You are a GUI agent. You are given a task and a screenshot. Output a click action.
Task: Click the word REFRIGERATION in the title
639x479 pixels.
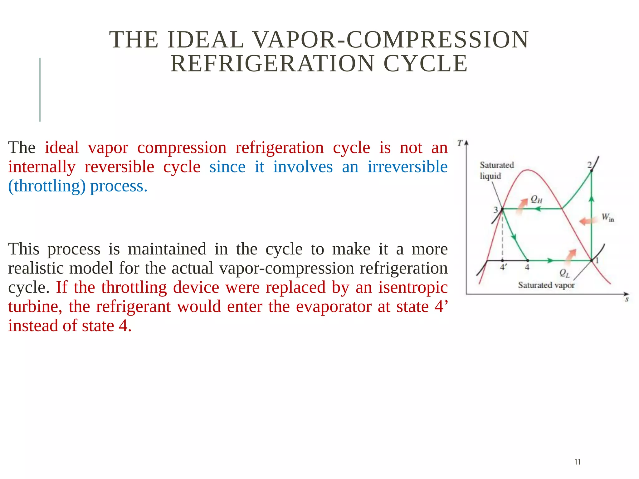point(272,64)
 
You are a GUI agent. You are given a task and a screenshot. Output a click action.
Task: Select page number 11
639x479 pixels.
point(577,462)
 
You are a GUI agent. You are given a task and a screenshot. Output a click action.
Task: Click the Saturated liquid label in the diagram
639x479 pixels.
point(496,170)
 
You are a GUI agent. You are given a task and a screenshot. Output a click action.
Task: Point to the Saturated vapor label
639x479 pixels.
point(546,285)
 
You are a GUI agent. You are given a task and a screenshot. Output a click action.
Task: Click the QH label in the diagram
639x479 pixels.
point(536,199)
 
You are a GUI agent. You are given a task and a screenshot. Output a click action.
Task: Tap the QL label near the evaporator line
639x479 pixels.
point(564,273)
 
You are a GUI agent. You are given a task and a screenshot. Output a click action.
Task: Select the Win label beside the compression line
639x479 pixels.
point(607,217)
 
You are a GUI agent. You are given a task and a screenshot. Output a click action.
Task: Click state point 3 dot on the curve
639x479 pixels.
point(502,209)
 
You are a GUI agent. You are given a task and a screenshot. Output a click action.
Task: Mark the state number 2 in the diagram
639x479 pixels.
point(589,165)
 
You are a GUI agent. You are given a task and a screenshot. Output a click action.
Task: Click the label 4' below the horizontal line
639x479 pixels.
point(503,267)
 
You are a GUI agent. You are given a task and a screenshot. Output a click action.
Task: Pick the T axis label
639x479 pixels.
point(460,143)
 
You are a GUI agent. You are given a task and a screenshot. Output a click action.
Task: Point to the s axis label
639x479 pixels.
point(627,300)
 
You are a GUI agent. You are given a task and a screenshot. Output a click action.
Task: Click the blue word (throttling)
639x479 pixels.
point(47,186)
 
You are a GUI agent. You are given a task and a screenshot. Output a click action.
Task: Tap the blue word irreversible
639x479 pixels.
point(407,167)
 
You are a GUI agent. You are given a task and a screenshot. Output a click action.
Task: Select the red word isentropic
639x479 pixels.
point(413,287)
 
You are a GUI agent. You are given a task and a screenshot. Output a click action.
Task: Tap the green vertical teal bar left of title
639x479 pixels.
point(40,90)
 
